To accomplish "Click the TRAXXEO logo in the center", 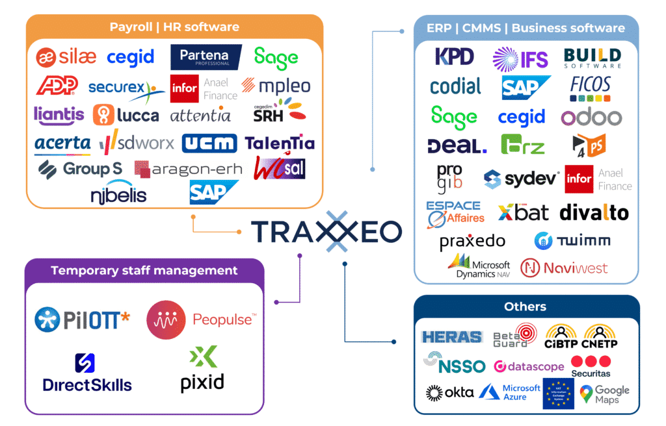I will click(326, 232).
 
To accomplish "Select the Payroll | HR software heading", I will click(174, 27).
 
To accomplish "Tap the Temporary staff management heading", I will click(144, 270).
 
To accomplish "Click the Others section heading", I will click(525, 307).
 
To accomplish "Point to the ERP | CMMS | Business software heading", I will click(525, 28).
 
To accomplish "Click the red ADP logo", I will click(57, 85).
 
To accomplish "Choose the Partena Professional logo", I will click(206, 57).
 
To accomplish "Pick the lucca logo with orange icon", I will click(126, 115).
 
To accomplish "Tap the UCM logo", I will click(209, 143).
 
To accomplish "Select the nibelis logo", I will click(119, 194).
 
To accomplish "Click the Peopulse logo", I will click(201, 319).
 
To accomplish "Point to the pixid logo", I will click(202, 370).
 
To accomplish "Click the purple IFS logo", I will click(520, 58).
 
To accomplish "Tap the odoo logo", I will click(591, 117).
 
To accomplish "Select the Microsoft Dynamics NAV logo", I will click(479, 266).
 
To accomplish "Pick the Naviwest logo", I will click(564, 268).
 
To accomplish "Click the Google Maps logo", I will click(605, 394).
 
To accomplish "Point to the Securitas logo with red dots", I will click(591, 366).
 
